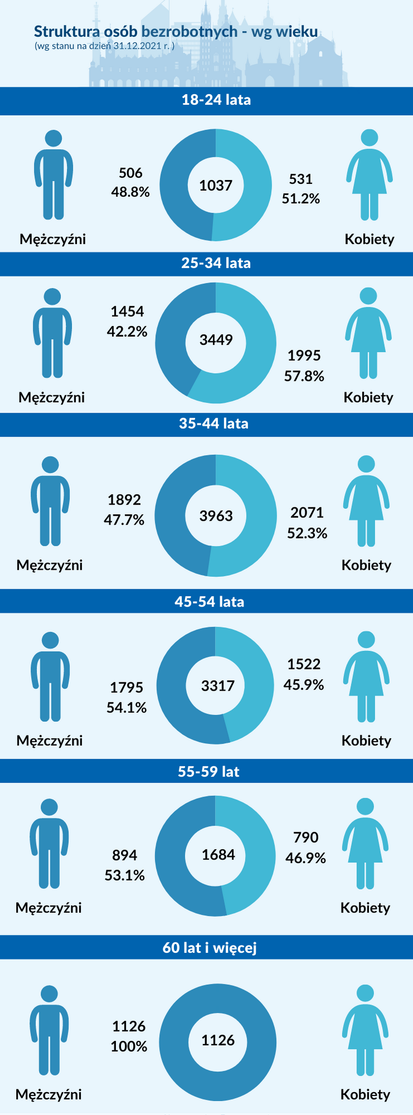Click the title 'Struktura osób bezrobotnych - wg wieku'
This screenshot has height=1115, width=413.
[x=176, y=32]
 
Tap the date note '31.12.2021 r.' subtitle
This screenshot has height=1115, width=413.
[x=104, y=46]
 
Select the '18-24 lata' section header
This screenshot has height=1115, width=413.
[x=216, y=100]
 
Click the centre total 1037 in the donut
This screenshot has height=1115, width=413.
[x=216, y=186]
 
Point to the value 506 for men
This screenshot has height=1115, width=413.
[x=130, y=173]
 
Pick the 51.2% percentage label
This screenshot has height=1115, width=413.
[x=301, y=199]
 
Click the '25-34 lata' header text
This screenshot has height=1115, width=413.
[x=216, y=263]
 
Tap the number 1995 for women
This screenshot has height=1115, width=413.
[x=304, y=356]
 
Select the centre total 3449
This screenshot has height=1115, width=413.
[x=216, y=340]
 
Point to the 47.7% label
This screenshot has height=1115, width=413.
[x=124, y=520]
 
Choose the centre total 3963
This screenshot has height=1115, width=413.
[x=216, y=516]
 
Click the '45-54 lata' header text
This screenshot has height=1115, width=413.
[x=210, y=602]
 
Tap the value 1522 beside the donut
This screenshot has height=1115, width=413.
[x=304, y=664]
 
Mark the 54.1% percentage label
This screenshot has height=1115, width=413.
[x=127, y=708]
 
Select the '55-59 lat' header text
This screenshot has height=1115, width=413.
[x=208, y=772]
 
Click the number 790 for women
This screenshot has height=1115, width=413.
[x=306, y=837]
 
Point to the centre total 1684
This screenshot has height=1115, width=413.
[x=218, y=855]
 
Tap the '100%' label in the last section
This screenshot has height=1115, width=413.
[x=129, y=1046]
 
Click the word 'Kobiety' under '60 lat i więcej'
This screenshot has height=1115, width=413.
[x=365, y=1094]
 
